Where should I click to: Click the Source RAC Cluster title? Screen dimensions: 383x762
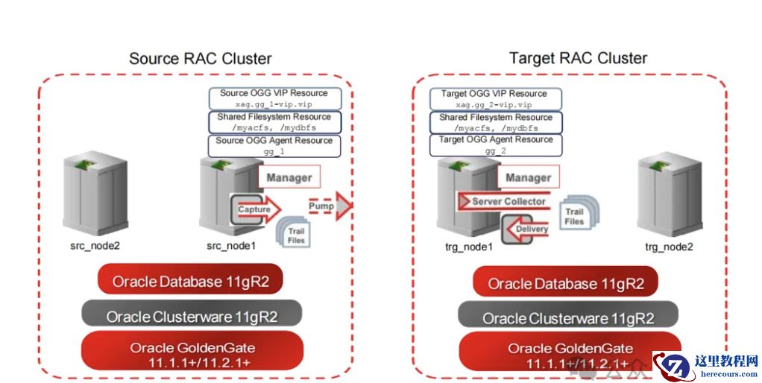coord(201,58)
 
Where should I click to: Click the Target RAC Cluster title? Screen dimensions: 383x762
coord(578,58)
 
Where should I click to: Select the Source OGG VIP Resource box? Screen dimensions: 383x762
coord(274,98)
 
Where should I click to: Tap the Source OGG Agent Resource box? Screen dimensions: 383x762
coord(274,145)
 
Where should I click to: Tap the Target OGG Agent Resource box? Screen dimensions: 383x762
coord(496,145)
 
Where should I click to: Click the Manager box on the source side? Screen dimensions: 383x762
coord(289,177)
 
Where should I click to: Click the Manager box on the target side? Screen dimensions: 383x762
coord(528,177)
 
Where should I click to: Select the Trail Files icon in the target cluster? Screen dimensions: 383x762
coord(573,216)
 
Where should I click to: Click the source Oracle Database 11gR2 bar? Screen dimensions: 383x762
coord(191,282)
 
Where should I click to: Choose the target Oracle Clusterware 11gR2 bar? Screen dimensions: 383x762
coord(568,318)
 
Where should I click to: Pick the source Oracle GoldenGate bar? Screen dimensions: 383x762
coord(192,353)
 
